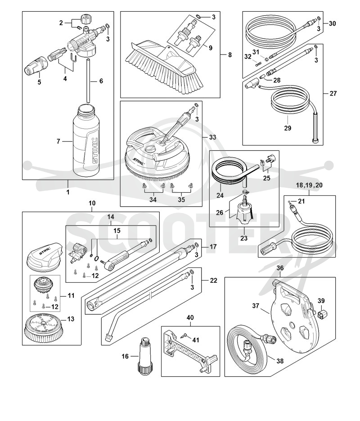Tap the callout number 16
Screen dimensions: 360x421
pos(125,356)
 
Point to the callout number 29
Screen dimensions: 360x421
pos(288,128)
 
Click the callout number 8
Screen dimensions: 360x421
pos(230,55)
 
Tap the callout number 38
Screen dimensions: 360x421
pos(280,361)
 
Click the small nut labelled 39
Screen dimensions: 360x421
pos(322,313)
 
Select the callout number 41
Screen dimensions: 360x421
pos(196,340)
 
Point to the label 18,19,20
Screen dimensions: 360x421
pos(309,185)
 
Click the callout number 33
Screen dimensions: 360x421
pos(212,137)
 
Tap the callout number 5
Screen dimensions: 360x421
pos(39,82)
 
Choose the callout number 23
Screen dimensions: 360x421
pos(243,238)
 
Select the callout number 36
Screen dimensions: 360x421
pos(280,268)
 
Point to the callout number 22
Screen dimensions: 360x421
pos(213,281)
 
